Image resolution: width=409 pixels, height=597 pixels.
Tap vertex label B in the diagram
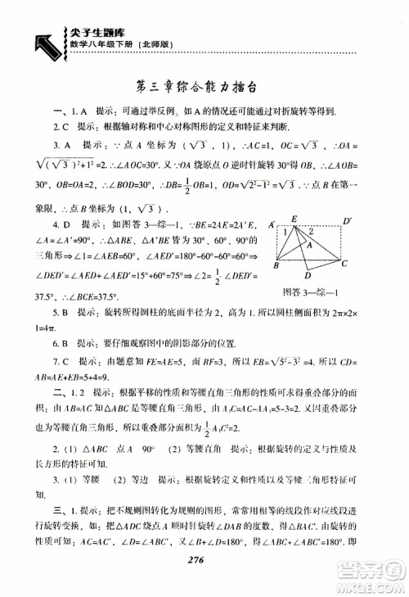coord(276,266)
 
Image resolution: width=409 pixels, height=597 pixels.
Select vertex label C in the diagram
coord(344,264)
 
